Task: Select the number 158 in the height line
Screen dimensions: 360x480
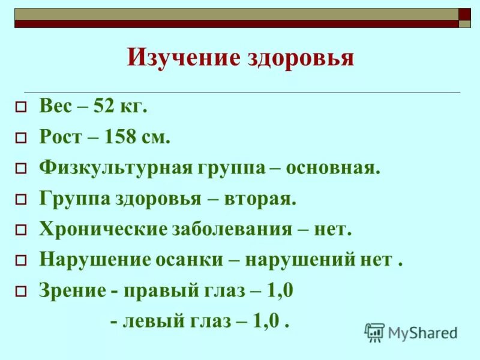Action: coord(119,137)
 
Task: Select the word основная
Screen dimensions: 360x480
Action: coord(333,167)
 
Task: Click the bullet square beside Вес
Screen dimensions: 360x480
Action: coord(21,108)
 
